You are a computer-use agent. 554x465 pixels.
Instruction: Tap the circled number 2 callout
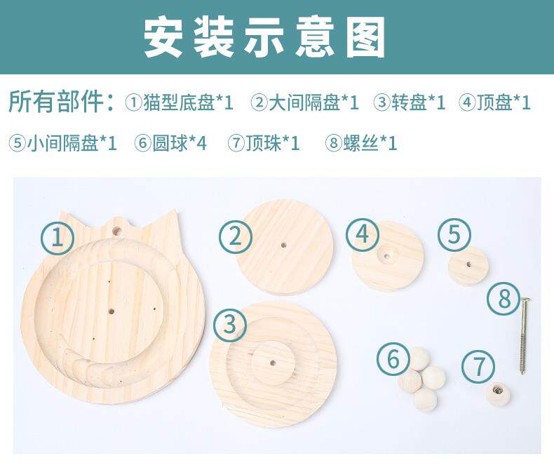tap(236, 236)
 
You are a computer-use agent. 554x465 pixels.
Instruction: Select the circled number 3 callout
tap(229, 324)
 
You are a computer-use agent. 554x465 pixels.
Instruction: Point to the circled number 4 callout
tap(362, 234)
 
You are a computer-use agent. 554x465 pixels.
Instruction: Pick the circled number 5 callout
tap(454, 235)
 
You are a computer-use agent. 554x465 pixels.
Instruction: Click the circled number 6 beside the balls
tap(393, 358)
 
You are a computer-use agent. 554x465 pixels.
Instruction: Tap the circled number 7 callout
tap(478, 366)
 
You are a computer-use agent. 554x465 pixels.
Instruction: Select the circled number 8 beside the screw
tap(504, 299)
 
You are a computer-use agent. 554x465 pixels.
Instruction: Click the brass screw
tap(524, 336)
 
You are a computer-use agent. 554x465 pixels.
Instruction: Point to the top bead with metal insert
tap(497, 394)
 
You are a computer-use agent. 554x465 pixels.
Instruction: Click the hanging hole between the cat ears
tap(116, 231)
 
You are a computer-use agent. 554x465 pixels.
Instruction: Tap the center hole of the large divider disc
tap(283, 245)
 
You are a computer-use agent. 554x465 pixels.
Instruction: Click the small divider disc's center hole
tap(468, 264)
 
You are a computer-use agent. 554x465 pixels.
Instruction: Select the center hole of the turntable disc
tap(273, 363)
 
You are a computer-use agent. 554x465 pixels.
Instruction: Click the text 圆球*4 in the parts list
tap(180, 143)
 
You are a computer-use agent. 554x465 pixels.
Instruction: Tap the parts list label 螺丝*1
tap(370, 143)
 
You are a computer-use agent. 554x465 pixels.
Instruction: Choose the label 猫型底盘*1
tap(189, 102)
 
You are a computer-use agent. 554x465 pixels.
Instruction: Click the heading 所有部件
tap(57, 102)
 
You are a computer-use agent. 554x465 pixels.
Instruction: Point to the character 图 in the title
tap(365, 38)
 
